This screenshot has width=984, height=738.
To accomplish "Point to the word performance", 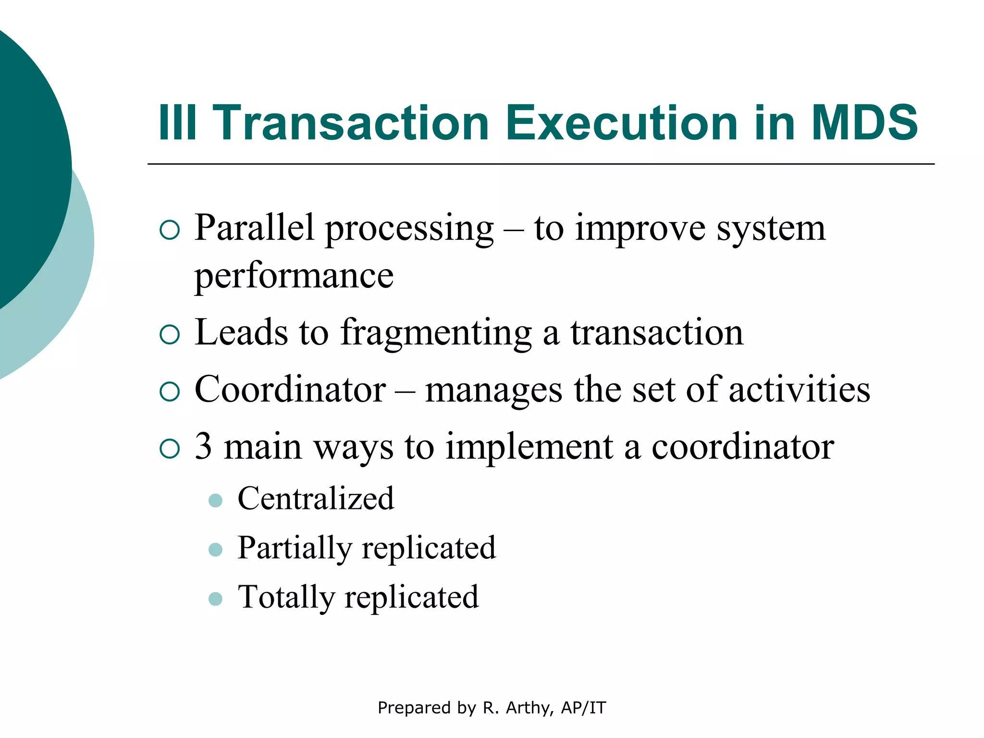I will (294, 276).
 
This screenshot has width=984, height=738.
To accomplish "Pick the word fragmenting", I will (436, 333).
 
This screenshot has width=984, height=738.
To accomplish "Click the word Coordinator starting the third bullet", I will (290, 389).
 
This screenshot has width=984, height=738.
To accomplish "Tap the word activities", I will (799, 389).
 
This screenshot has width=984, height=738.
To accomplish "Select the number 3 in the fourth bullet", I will (203, 446).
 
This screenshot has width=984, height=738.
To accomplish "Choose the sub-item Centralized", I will (316, 498).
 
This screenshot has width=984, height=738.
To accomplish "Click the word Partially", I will (294, 548).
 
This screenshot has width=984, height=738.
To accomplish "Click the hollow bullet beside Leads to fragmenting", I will (169, 335).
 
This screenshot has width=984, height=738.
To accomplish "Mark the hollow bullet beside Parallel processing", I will (169, 230).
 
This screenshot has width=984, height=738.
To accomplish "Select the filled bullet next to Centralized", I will (216, 501).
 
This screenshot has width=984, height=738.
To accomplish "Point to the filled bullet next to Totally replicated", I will (216, 599).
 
